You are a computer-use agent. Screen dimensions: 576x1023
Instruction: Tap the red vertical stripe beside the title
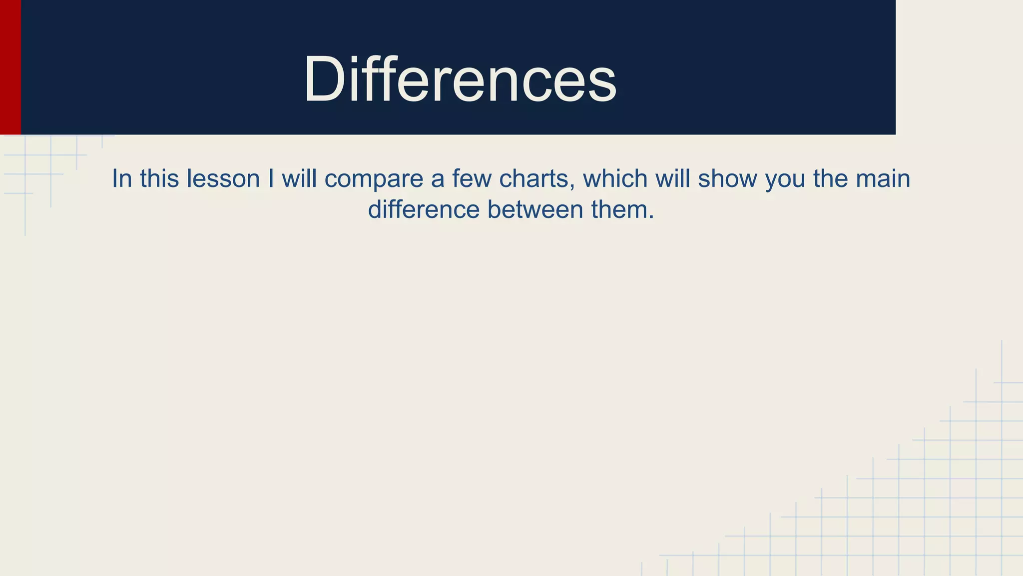pyautogui.click(x=10, y=67)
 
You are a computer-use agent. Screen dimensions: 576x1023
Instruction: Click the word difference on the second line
pyautogui.click(x=424, y=209)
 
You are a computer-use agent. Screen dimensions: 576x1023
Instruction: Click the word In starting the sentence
pyautogui.click(x=121, y=178)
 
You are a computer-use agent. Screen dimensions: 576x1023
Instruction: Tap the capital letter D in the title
pyautogui.click(x=324, y=79)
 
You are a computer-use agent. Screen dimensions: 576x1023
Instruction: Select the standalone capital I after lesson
pyautogui.click(x=271, y=178)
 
